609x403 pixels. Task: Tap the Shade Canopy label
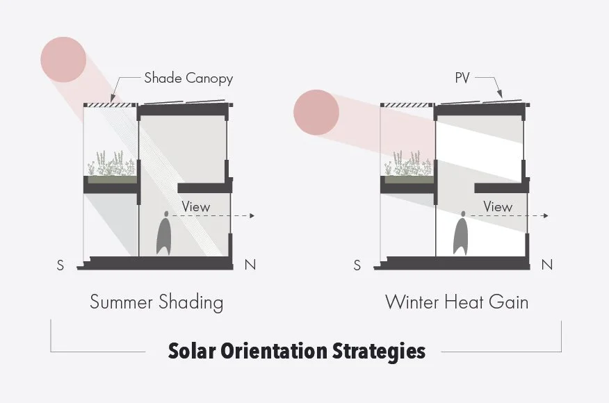coord(188,78)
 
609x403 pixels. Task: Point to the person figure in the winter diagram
coord(462,237)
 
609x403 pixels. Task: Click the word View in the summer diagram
coord(195,206)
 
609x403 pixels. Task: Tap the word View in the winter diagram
coord(497,206)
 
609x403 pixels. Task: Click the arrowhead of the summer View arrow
coord(253,217)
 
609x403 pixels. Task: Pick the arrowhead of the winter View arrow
coord(547,217)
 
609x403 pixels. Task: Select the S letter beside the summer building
coord(61,265)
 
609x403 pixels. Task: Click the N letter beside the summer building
coord(250,265)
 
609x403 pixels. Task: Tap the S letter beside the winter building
coord(357,265)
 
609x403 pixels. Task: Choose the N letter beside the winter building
coord(547,265)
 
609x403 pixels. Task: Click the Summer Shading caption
coord(156,302)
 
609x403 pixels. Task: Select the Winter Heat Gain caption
coord(457,302)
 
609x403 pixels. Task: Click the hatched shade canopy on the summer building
coord(108,105)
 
